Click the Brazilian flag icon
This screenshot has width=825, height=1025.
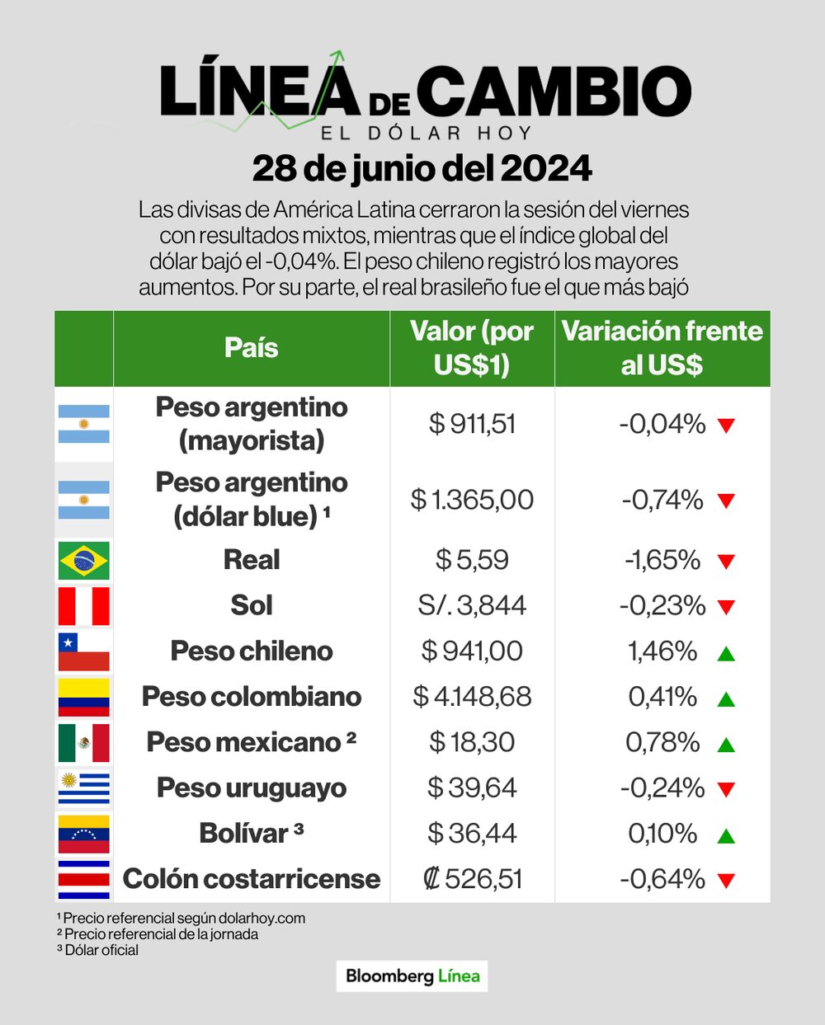click(83, 561)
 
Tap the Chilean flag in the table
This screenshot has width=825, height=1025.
click(83, 651)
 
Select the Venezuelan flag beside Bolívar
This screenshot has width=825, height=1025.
click(83, 834)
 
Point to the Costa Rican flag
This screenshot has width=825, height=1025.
click(83, 879)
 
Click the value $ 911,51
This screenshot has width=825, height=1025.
click(472, 424)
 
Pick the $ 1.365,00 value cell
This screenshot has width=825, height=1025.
click(472, 500)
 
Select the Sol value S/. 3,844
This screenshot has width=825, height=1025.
click(472, 606)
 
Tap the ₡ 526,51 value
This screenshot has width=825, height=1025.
click(472, 879)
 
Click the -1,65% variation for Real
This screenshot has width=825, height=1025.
click(662, 561)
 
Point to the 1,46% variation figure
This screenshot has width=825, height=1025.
click(662, 651)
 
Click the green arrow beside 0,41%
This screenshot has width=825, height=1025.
click(726, 699)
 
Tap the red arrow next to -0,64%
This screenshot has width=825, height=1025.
click(726, 881)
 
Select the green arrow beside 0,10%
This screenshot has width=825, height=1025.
click(726, 836)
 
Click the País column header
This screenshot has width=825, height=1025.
click(252, 348)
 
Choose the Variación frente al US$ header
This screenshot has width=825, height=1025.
click(662, 348)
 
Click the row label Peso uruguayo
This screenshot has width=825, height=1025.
click(252, 788)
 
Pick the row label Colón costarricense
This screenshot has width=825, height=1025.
click(252, 879)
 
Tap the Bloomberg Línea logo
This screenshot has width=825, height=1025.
click(412, 976)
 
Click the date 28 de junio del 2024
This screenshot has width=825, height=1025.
click(422, 169)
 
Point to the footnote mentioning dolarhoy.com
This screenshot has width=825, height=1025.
click(181, 918)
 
